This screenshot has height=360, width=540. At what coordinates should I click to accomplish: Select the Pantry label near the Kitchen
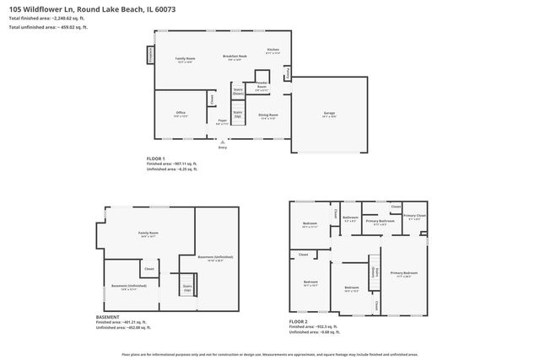[x=287, y=74]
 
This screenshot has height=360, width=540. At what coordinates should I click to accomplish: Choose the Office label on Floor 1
[x=181, y=113]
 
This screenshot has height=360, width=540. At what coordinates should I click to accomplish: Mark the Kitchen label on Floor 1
[x=273, y=51]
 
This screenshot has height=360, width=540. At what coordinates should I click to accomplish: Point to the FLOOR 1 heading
[x=156, y=158]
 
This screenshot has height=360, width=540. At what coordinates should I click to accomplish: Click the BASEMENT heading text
[x=108, y=317]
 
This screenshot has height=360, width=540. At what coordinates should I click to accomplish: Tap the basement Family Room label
[x=149, y=234]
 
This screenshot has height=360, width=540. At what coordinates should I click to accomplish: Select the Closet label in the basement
[x=148, y=270]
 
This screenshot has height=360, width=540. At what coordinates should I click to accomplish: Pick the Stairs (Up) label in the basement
[x=187, y=287]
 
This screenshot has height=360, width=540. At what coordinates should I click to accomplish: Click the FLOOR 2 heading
[x=299, y=321]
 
